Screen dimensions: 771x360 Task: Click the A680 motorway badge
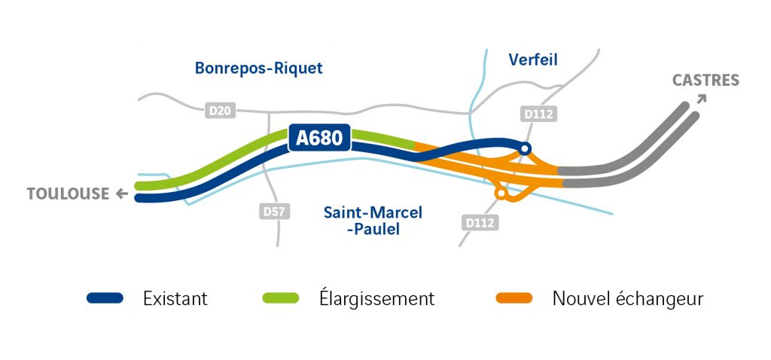pyautogui.click(x=319, y=138)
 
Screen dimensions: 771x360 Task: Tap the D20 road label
pyautogui.click(x=221, y=111)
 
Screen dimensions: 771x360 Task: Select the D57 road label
pyautogui.click(x=274, y=212)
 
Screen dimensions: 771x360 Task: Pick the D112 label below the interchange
pyautogui.click(x=480, y=223)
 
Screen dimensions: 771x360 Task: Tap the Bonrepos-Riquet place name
pyautogui.click(x=259, y=68)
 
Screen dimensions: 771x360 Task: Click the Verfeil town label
pyautogui.click(x=533, y=60)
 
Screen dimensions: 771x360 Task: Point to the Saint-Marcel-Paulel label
pyautogui.click(x=373, y=221)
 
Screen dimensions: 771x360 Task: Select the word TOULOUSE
pyautogui.click(x=69, y=194)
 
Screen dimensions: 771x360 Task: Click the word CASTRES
pyautogui.click(x=705, y=80)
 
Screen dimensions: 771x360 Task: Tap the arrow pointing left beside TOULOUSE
pyautogui.click(x=121, y=194)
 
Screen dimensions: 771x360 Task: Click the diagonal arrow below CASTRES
pyautogui.click(x=702, y=99)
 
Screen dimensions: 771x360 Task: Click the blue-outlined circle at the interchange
pyautogui.click(x=525, y=148)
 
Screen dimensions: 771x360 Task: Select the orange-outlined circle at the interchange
pyautogui.click(x=501, y=194)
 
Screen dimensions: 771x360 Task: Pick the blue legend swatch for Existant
pyautogui.click(x=105, y=298)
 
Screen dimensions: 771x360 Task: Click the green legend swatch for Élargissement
pyautogui.click(x=281, y=298)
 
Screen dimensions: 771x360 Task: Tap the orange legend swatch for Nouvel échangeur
pyautogui.click(x=513, y=298)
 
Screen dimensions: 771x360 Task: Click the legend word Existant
pyautogui.click(x=175, y=298)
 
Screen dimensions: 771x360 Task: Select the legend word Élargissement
pyautogui.click(x=376, y=297)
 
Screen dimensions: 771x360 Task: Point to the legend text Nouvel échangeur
pyautogui.click(x=627, y=298)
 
